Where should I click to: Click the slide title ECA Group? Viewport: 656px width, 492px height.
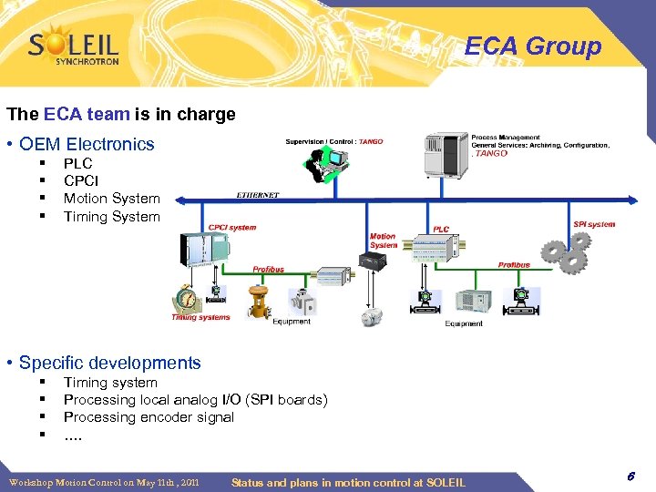click(x=533, y=46)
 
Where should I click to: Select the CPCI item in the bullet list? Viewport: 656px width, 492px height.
click(x=80, y=181)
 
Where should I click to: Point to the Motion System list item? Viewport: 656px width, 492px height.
click(x=111, y=199)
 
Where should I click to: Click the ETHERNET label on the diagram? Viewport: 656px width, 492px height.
click(x=258, y=195)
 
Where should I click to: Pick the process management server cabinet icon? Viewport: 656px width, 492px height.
click(x=445, y=154)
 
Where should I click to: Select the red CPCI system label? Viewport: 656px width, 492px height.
click(x=233, y=228)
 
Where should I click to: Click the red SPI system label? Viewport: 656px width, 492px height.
click(x=594, y=224)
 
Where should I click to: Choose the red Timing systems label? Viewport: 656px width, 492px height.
click(x=200, y=318)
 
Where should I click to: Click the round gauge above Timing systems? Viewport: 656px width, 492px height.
click(x=187, y=297)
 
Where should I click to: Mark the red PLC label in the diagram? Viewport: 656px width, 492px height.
click(x=441, y=230)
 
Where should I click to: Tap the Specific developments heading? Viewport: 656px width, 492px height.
click(x=109, y=363)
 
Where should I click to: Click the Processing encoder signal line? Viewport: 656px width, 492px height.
click(x=149, y=417)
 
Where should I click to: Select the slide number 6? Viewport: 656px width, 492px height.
click(x=630, y=477)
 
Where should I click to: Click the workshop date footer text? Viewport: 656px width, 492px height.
click(x=104, y=482)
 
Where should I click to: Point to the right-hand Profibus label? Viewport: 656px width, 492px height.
click(x=514, y=265)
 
